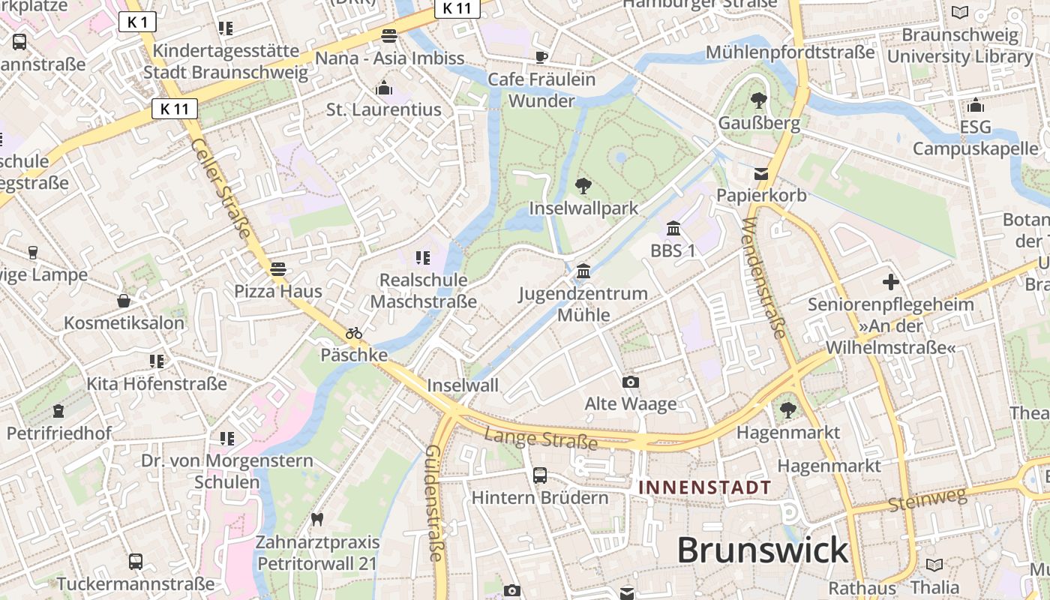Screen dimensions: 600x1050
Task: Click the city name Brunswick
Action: point(763,550)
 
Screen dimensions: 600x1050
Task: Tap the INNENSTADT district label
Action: point(704,487)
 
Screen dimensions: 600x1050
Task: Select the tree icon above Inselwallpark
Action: point(583,185)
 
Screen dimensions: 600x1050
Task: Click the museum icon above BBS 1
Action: point(673,228)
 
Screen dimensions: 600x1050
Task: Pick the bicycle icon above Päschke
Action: point(354,333)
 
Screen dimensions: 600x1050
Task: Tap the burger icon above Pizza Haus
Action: point(278,268)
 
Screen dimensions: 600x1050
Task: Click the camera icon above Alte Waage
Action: point(631,382)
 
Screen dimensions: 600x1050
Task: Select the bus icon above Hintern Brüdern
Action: point(539,475)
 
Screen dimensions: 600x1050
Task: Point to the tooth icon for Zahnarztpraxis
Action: point(316,519)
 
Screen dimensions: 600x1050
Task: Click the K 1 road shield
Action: point(137,22)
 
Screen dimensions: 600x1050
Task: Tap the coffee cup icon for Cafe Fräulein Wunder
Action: point(541,57)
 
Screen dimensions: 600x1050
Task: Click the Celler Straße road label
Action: point(220,188)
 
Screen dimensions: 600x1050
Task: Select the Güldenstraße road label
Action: point(435,502)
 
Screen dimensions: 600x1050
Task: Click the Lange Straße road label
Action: point(541,439)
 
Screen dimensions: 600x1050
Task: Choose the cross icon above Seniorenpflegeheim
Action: point(890,282)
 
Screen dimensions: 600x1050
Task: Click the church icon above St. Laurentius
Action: point(384,88)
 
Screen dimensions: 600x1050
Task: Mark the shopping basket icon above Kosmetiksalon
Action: point(124,301)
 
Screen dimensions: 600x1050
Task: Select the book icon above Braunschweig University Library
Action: point(959,12)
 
